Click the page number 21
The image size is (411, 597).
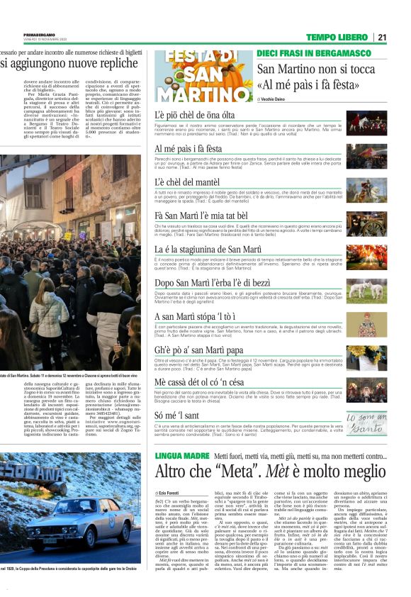[x=382, y=37]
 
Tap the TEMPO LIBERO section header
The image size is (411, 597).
[x=337, y=37]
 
